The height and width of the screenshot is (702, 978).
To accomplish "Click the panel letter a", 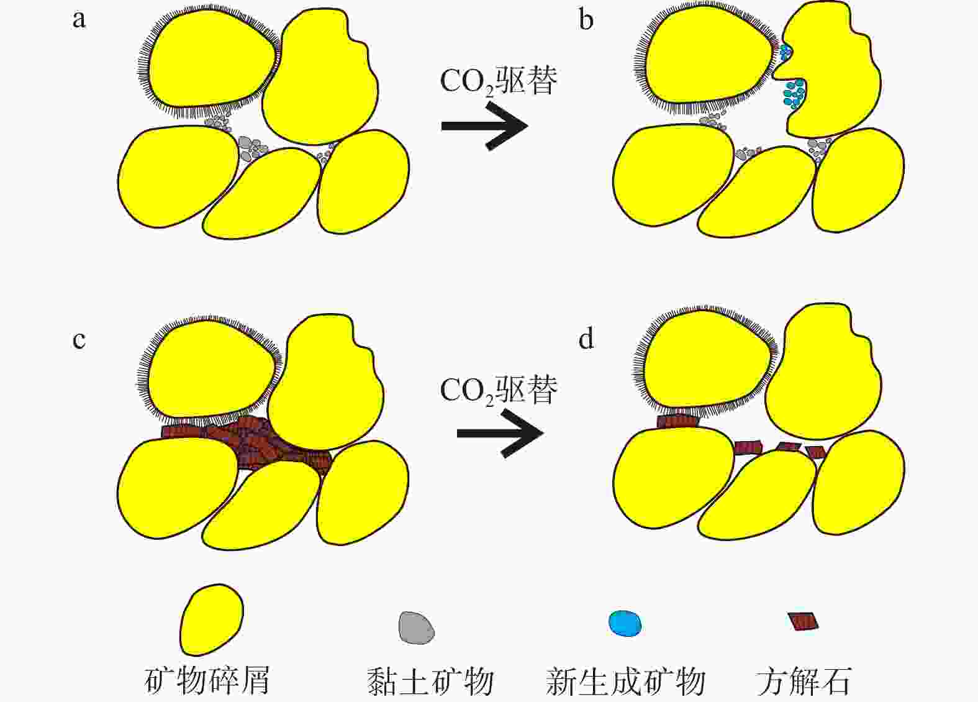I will pyautogui.click(x=79, y=19).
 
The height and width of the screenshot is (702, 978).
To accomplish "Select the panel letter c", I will pyautogui.click(x=79, y=340).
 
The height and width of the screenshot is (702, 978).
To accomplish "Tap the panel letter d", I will pyautogui.click(x=586, y=339).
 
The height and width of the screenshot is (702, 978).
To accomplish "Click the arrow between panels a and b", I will pyautogui.click(x=484, y=126).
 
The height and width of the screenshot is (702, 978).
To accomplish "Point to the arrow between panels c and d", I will pyautogui.click(x=500, y=433).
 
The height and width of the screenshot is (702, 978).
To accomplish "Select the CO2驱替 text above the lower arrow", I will pyautogui.click(x=499, y=390).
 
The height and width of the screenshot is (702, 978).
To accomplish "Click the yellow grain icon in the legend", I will pyautogui.click(x=211, y=619).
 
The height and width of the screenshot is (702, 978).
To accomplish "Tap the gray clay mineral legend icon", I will pyautogui.click(x=416, y=626).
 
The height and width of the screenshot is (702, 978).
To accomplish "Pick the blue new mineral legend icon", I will pyautogui.click(x=625, y=623).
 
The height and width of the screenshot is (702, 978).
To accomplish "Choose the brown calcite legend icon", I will pyautogui.click(x=803, y=621).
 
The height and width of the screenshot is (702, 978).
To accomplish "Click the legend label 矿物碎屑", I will pyautogui.click(x=207, y=681).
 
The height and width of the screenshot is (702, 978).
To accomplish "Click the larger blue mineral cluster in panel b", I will pyautogui.click(x=794, y=93).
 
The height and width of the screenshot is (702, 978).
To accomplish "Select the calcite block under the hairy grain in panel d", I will pyautogui.click(x=678, y=421).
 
